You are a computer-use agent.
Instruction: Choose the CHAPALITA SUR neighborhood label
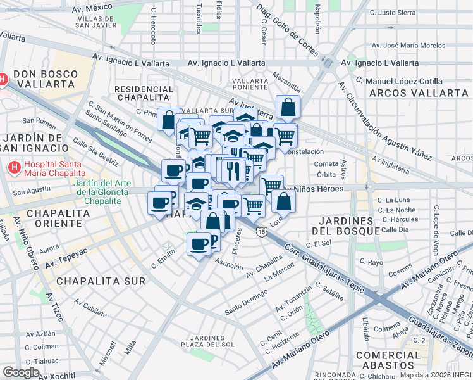(101, 281)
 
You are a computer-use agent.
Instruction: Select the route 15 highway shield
(261, 232)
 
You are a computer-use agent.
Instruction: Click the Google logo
(21, 372)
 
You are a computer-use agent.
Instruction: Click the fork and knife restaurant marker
(233, 170)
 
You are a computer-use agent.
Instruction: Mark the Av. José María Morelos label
(408, 46)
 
